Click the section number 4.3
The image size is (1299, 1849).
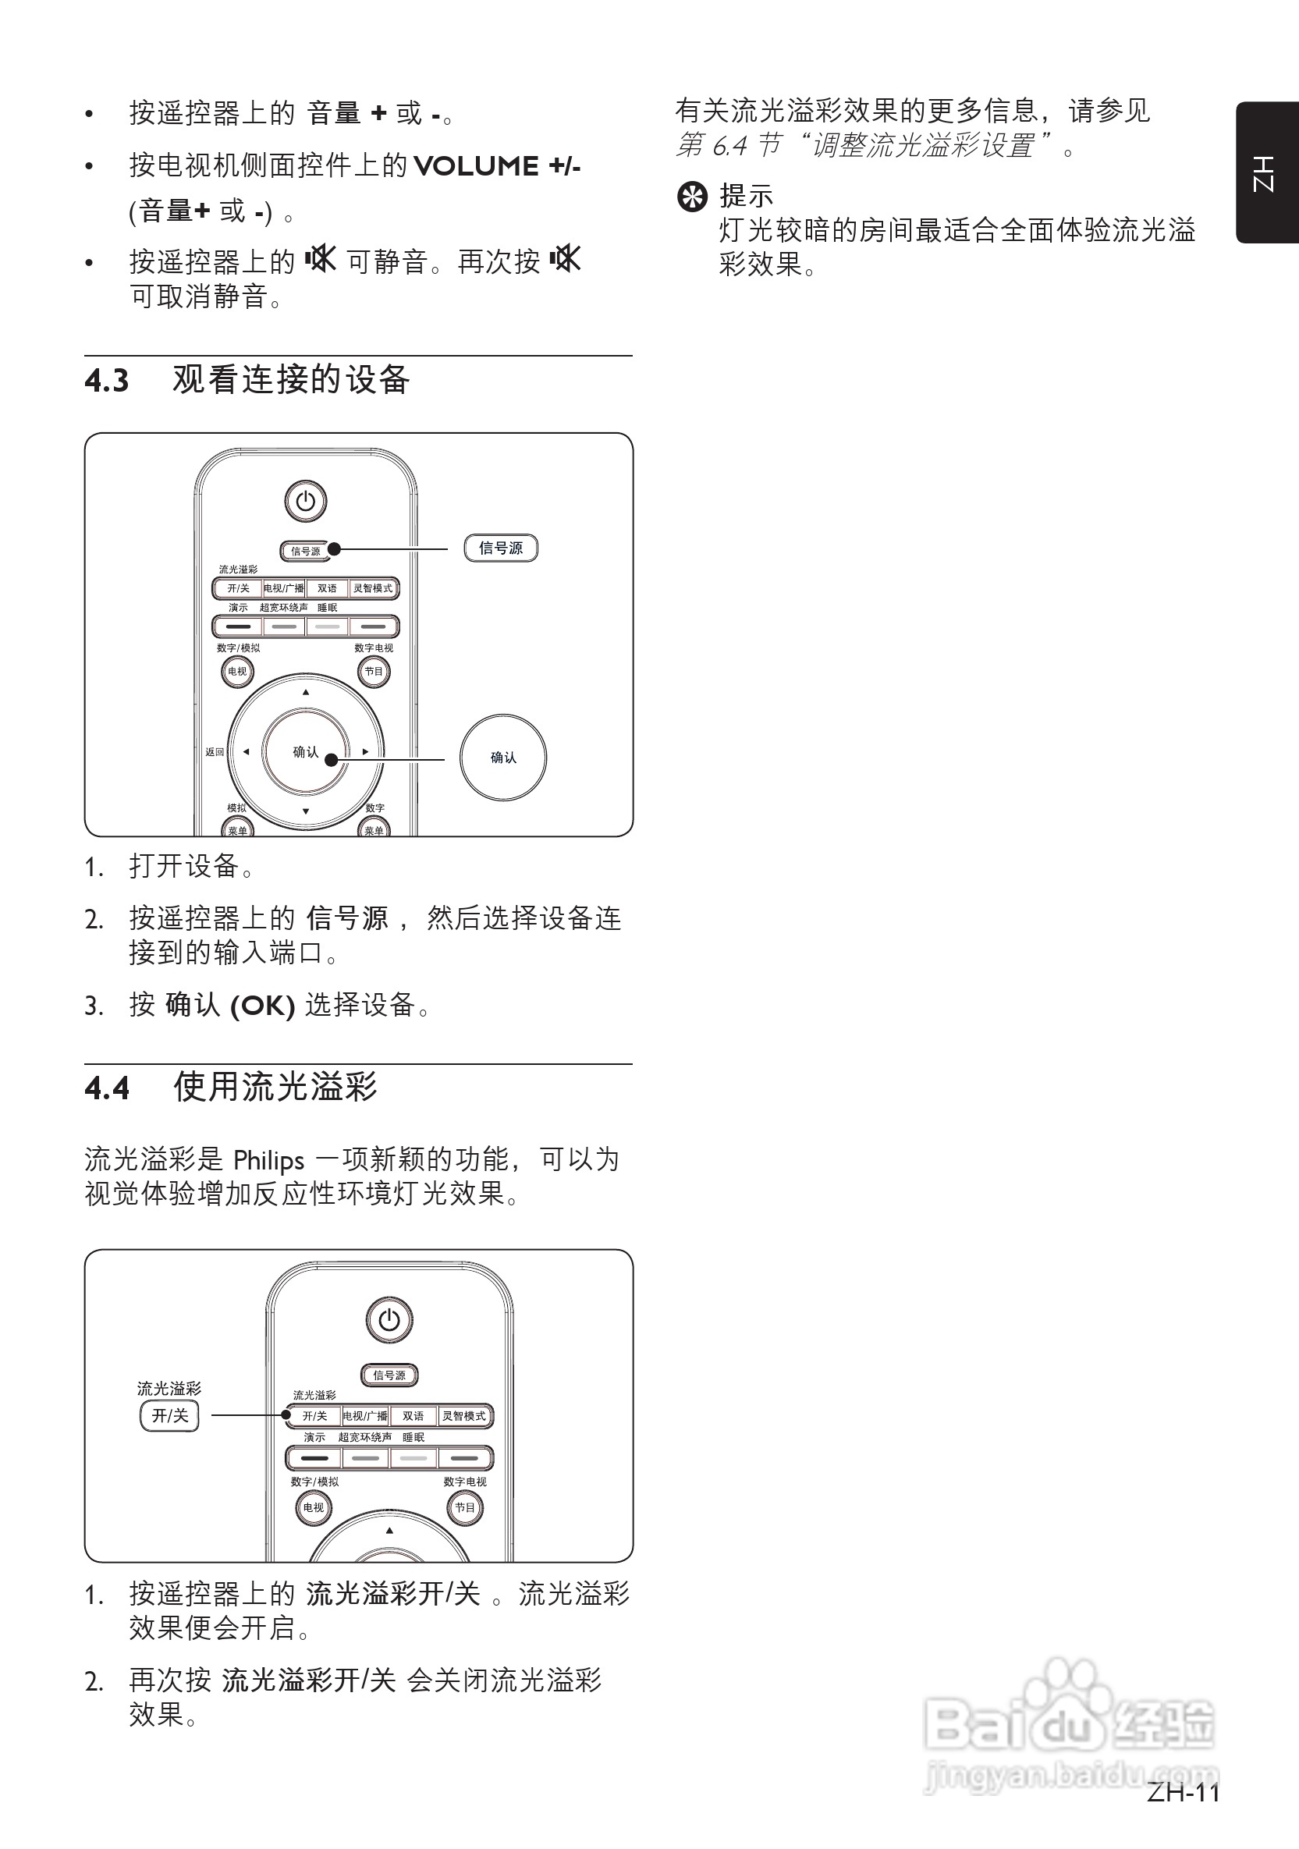pyautogui.click(x=106, y=381)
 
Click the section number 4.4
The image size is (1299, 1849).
pyautogui.click(x=106, y=1089)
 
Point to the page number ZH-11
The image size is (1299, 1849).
pyautogui.click(x=1184, y=1793)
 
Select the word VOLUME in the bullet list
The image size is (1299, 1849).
pyautogui.click(x=475, y=167)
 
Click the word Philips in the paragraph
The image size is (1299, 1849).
pyautogui.click(x=268, y=1160)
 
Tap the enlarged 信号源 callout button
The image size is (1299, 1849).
pyautogui.click(x=500, y=548)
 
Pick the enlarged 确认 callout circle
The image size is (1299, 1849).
pyautogui.click(x=503, y=757)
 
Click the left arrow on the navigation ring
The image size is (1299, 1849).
pyautogui.click(x=246, y=752)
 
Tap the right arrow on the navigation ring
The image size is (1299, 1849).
pyautogui.click(x=366, y=752)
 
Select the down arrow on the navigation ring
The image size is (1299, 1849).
pyautogui.click(x=305, y=811)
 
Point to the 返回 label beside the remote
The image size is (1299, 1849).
pyautogui.click(x=215, y=752)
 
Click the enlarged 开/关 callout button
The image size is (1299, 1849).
pyautogui.click(x=169, y=1416)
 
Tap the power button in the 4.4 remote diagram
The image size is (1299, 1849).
pyautogui.click(x=389, y=1320)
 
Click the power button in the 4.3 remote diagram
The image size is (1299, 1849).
pyautogui.click(x=305, y=501)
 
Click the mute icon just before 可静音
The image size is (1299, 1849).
pyautogui.click(x=321, y=259)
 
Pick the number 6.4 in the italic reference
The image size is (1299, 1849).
pyautogui.click(x=729, y=147)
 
